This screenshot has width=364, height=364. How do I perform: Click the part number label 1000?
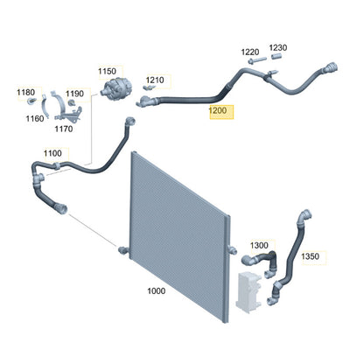pos(157,290)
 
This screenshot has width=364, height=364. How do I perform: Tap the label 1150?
pos(107,71)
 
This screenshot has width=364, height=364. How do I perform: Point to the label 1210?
pos(155,80)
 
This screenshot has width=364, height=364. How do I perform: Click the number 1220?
pos(250,52)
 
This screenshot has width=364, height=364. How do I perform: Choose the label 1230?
pos(278,47)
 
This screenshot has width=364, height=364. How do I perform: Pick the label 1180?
pos(26,92)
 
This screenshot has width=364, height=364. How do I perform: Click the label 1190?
pos(74,94)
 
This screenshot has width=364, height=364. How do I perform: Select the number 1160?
pos(35,118)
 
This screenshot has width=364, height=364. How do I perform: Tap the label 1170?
pos(64,129)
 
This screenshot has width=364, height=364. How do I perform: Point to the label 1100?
pos(52,153)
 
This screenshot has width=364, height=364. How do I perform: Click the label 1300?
pos(259,245)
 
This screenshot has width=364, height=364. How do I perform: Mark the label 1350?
pos(310,256)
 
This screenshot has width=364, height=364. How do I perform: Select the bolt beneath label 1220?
pos(257,60)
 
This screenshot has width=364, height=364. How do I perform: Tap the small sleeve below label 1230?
pos(276,56)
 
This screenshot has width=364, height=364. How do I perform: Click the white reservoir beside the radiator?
pos(248,290)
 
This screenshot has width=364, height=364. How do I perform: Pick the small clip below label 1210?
pos(148,87)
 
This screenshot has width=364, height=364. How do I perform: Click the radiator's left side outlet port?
pos(122,249)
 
